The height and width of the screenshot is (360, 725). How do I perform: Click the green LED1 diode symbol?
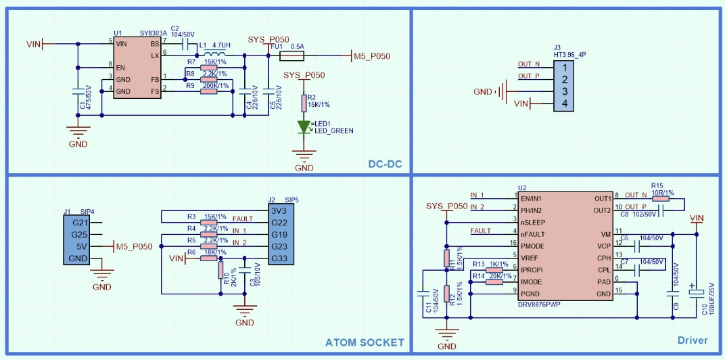pos(304,126)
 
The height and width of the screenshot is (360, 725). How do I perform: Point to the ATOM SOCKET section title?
pos(365,342)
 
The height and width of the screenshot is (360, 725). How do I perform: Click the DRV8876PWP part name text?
pos(539,304)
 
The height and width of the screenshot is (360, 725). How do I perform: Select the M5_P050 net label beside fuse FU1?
pos(372,56)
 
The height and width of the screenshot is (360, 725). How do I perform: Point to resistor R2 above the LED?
pos(304,103)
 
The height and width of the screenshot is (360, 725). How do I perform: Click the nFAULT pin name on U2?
pos(534,234)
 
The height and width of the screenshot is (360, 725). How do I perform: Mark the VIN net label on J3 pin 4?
pos(521,103)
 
